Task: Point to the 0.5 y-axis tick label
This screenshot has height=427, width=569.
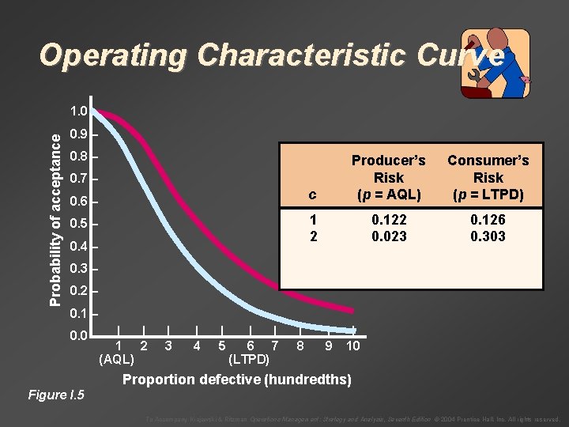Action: (78, 225)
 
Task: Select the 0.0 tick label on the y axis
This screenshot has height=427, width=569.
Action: (78, 338)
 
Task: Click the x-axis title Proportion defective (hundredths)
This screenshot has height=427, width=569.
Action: (236, 380)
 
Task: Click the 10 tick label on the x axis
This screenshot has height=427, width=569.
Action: (353, 346)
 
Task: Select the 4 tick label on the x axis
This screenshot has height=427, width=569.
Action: (195, 346)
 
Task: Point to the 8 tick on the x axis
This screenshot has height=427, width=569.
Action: (300, 346)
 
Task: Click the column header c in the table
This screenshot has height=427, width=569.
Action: (314, 195)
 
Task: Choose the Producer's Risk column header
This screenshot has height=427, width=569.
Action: (388, 177)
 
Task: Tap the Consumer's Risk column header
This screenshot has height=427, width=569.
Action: (488, 177)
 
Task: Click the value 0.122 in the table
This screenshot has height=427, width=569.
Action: (388, 221)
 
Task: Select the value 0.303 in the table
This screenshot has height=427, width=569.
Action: (488, 236)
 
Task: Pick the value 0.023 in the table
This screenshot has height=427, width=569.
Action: (388, 236)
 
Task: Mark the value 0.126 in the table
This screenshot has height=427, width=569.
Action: (488, 221)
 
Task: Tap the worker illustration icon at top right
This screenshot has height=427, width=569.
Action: (495, 63)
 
